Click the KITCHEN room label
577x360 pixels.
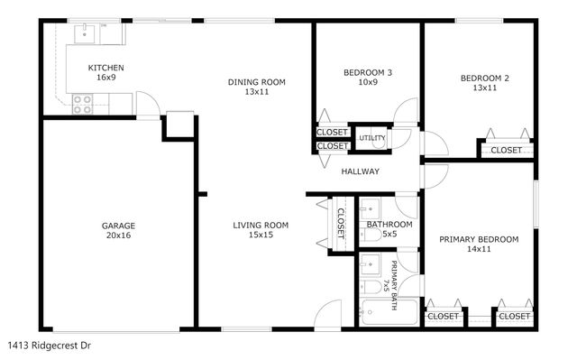click(105, 69)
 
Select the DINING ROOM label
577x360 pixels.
click(256, 82)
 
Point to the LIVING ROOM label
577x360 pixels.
click(261, 225)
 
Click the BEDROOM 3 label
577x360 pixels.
click(368, 73)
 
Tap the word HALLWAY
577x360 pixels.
click(360, 171)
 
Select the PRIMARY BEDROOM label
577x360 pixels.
click(479, 239)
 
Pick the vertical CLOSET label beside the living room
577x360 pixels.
click(341, 223)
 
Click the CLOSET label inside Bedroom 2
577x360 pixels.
click(506, 150)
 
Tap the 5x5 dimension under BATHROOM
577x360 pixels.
click(389, 234)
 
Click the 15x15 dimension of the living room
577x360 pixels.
click(261, 235)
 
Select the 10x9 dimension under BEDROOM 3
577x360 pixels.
click(368, 83)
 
